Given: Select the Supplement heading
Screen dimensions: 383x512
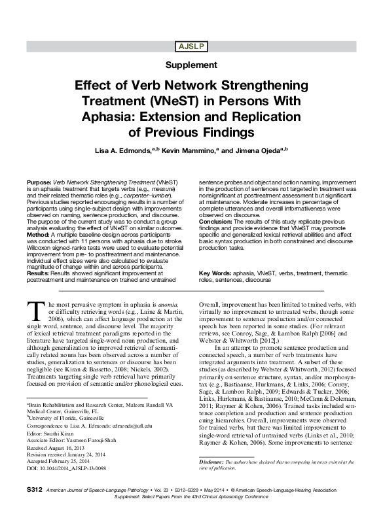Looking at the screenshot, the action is tap(191, 65).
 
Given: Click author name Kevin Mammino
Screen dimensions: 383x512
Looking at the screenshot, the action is tap(190, 150).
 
